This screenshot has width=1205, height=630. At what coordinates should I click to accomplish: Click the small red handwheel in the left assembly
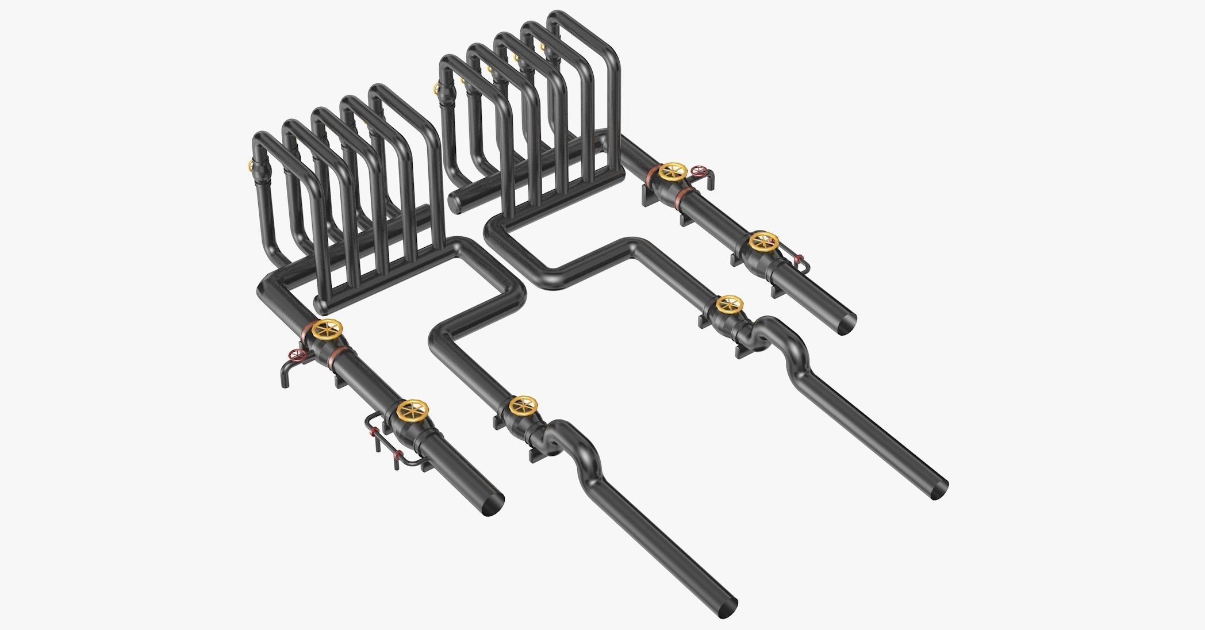coord(297,355)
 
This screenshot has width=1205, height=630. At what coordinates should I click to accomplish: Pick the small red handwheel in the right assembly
coord(699,171)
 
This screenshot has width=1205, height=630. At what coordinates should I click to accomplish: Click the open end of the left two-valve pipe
coord(493,505)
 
